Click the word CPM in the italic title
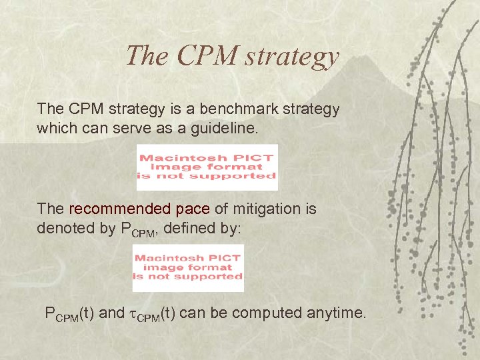click(x=205, y=56)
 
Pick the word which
click(x=55, y=127)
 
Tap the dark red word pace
click(x=193, y=209)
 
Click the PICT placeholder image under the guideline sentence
click(x=207, y=167)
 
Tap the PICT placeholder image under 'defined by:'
click(x=188, y=267)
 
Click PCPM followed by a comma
click(x=139, y=228)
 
